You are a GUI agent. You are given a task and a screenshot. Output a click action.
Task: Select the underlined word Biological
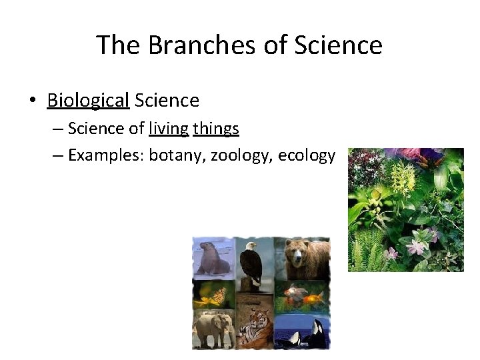(88, 101)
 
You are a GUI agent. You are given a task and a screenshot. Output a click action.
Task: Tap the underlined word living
(169, 128)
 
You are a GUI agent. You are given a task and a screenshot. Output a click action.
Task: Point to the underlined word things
(216, 128)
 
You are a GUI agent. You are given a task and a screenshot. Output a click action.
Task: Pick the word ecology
(307, 155)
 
